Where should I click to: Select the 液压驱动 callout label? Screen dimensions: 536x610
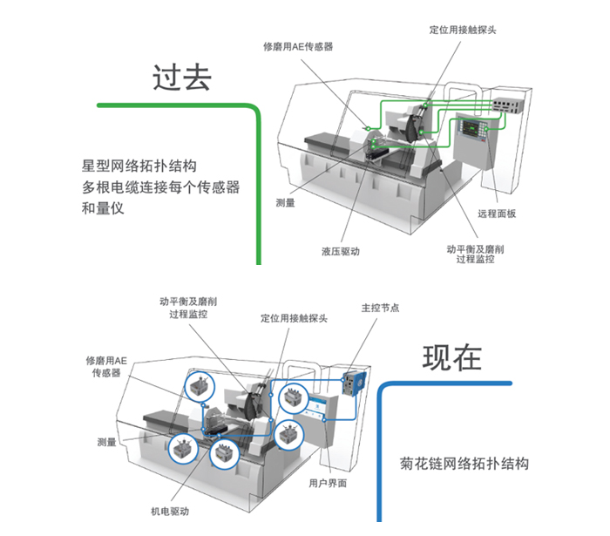click(341, 251)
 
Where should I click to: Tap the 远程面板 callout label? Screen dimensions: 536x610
click(497, 214)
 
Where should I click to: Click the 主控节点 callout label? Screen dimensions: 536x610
click(381, 307)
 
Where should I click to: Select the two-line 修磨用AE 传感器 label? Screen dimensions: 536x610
click(106, 366)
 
